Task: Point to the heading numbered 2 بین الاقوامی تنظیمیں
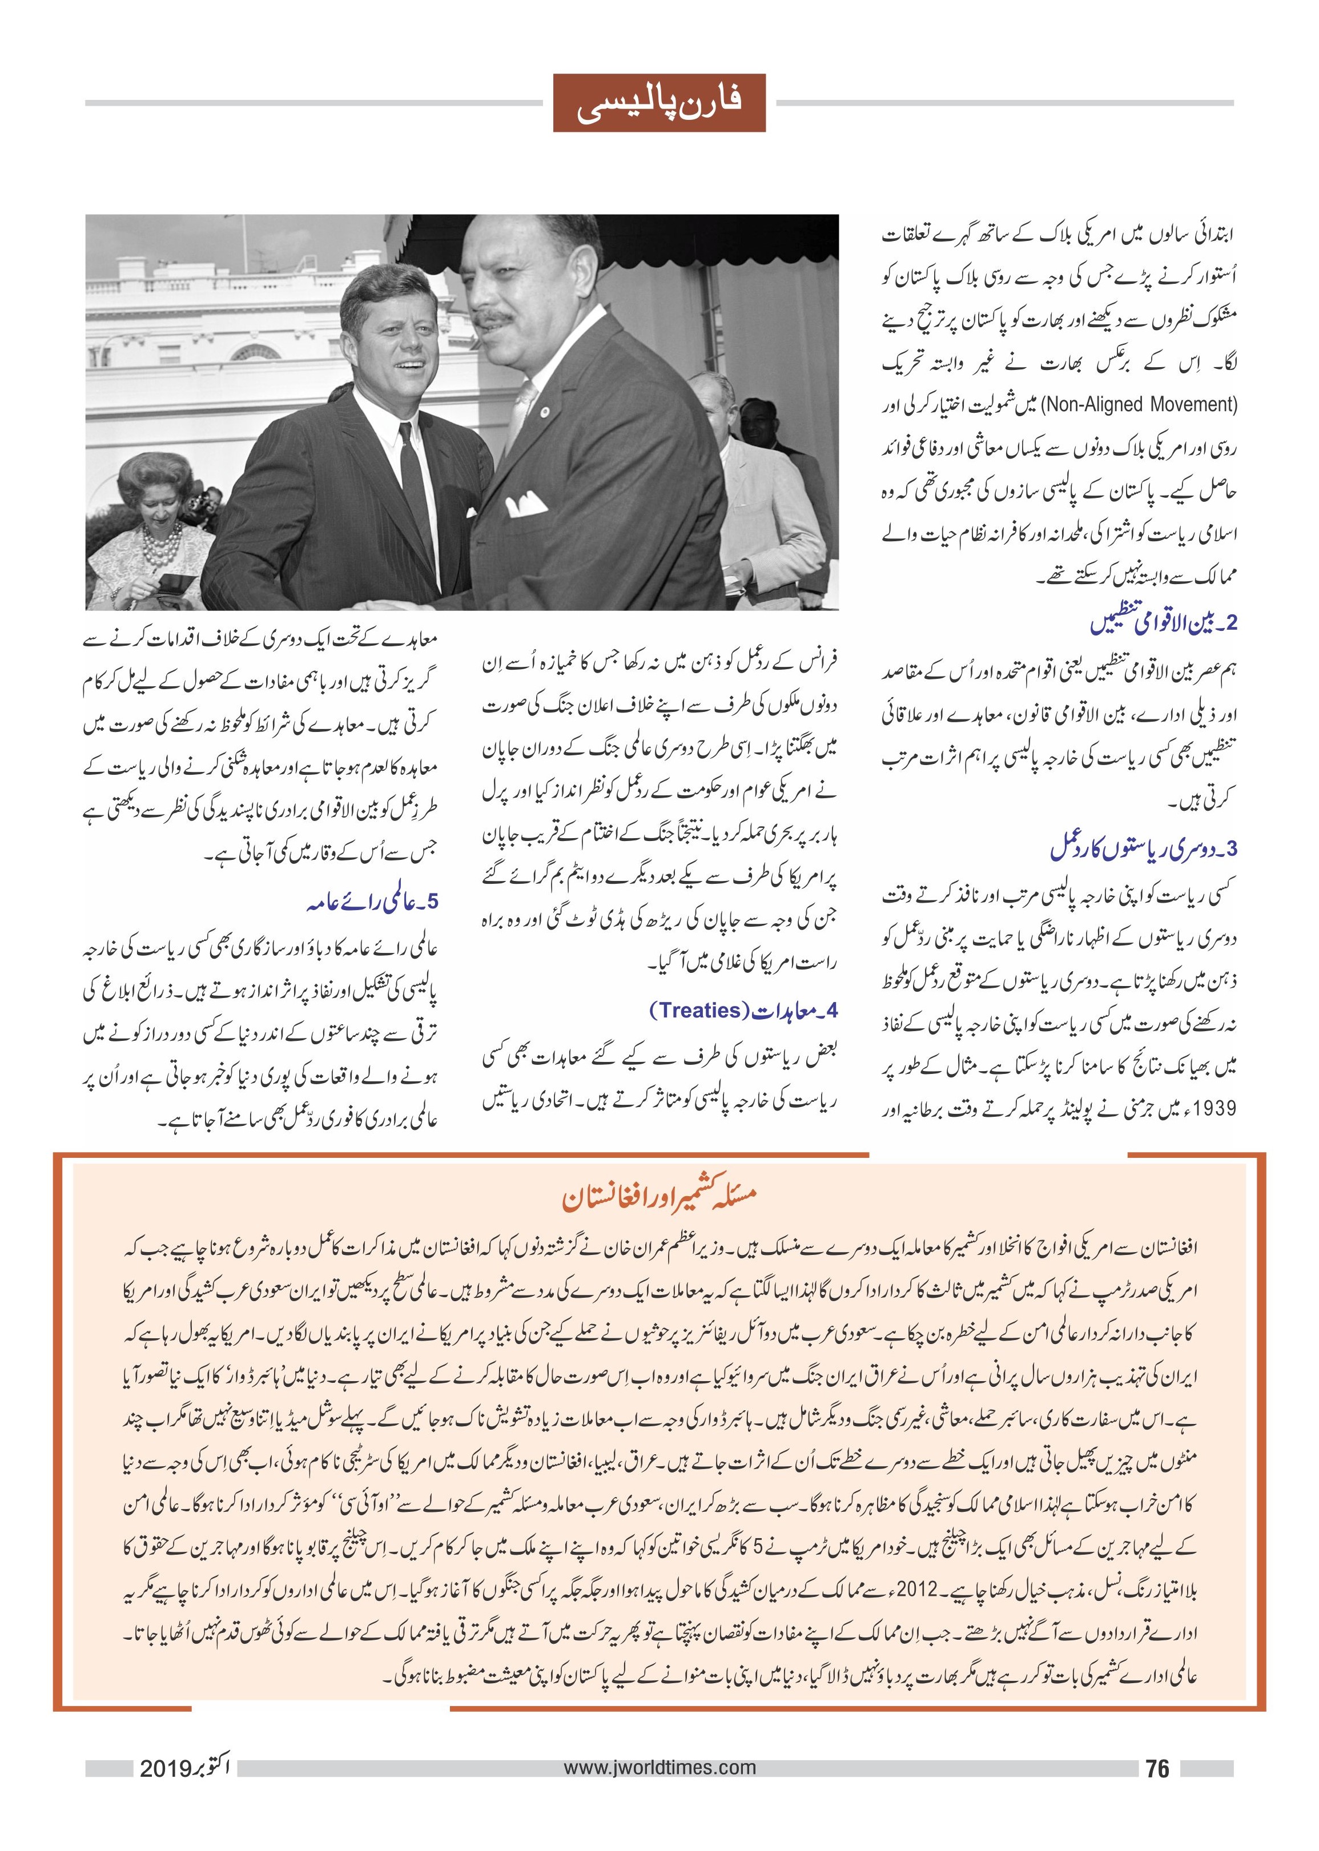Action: [1162, 624]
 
